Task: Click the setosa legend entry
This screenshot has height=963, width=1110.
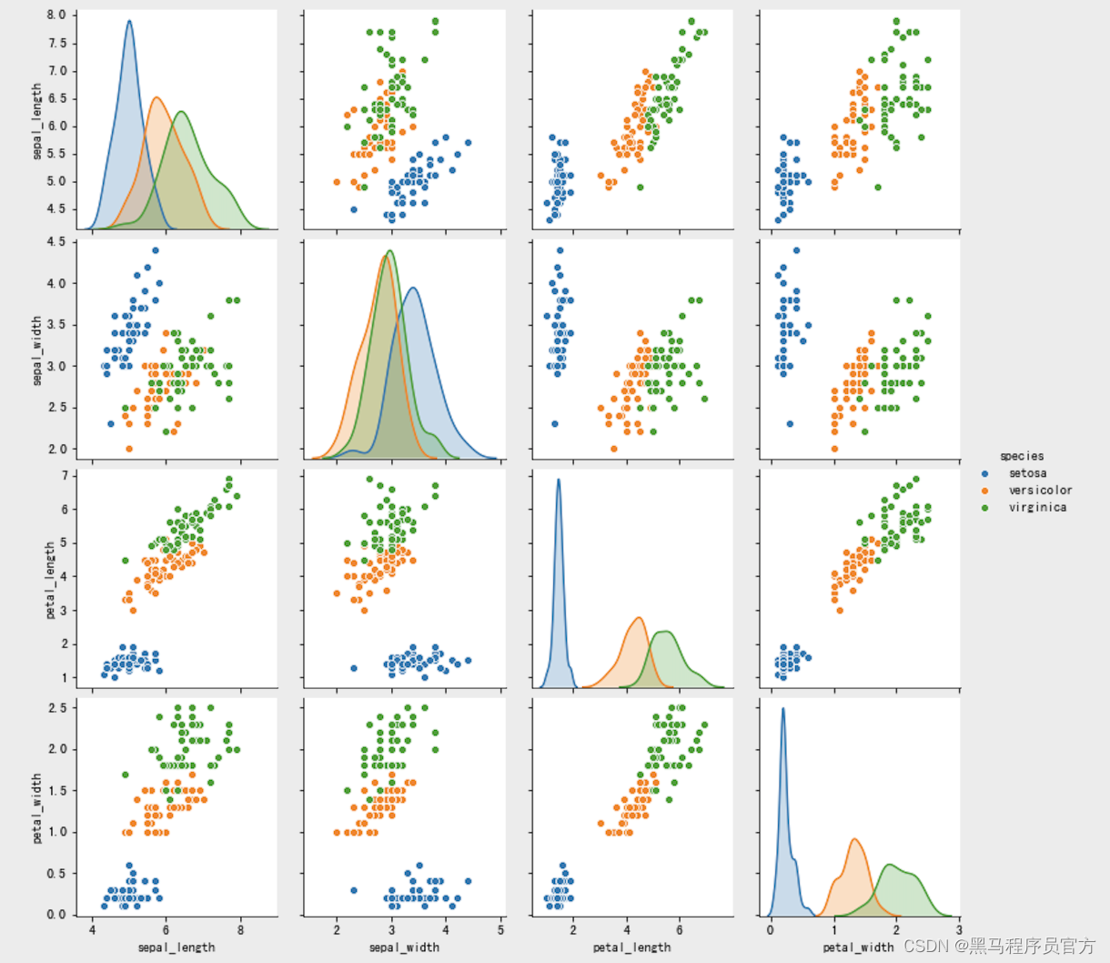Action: point(1027,473)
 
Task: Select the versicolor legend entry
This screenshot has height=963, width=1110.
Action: point(1040,490)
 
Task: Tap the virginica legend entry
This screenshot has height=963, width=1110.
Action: point(1037,507)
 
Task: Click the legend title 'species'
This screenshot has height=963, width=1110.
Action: point(1022,456)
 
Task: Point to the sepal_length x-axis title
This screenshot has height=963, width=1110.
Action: point(177,948)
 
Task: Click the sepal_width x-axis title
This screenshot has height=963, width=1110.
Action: point(404,948)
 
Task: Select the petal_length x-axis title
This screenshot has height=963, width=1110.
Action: point(632,948)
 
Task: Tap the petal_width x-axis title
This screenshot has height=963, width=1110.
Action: point(858,948)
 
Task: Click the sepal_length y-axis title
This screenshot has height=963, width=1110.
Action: point(37,121)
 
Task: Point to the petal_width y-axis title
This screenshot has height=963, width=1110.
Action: point(37,807)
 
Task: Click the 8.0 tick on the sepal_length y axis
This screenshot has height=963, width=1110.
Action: point(56,15)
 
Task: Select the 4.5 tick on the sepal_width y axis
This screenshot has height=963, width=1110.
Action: point(56,242)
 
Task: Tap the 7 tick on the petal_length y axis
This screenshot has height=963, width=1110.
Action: point(64,476)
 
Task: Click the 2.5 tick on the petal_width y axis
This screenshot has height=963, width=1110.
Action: point(56,708)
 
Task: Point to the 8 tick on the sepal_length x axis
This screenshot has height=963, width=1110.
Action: point(240,930)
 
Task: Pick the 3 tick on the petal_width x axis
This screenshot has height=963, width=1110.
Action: point(959,930)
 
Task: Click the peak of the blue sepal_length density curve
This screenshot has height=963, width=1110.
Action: point(129,21)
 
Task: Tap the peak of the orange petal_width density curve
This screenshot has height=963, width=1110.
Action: point(854,839)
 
